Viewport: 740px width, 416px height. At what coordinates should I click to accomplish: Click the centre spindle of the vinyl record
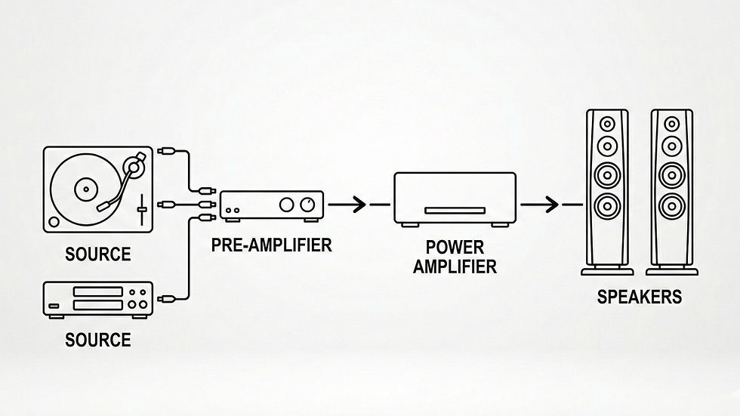pyautogui.click(x=85, y=188)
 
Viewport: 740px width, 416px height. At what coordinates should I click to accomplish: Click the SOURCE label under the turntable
pyautogui.click(x=97, y=254)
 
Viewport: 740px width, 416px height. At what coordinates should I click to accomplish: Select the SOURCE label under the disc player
pyautogui.click(x=97, y=341)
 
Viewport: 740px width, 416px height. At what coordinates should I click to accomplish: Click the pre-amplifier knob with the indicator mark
pyautogui.click(x=307, y=205)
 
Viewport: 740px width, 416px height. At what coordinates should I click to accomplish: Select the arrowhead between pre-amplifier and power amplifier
pyautogui.click(x=359, y=204)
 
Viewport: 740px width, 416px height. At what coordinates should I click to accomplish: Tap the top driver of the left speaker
pyautogui.click(x=606, y=122)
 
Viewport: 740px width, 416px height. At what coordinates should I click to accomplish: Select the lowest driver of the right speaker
pyautogui.click(x=669, y=205)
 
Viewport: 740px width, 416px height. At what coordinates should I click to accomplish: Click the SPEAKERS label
pyautogui.click(x=639, y=297)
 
